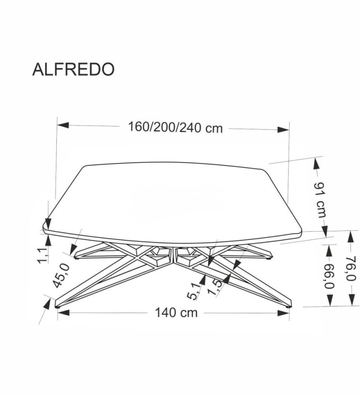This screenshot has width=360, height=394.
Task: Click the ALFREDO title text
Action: coord(73,69)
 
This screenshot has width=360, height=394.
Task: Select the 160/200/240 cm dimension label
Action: coord(175,128)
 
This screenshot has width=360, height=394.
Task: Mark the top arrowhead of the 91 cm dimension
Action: coord(316,164)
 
